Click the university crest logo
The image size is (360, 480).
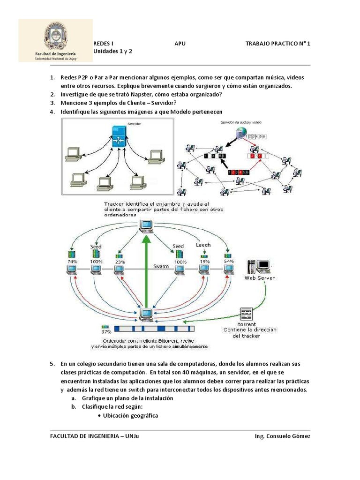coord(55,36)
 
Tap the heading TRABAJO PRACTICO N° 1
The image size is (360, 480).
coord(277,44)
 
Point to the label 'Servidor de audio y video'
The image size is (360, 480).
coord(241,122)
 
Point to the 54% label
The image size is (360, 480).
coord(228,261)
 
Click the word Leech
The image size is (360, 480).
coord(203,245)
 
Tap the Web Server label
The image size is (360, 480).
coord(260,278)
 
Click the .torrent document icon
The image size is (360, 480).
coord(247,314)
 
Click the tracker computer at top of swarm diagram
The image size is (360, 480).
coord(147,226)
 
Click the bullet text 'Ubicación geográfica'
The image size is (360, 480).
coord(130,415)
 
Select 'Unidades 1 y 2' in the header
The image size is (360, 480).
coord(113,52)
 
